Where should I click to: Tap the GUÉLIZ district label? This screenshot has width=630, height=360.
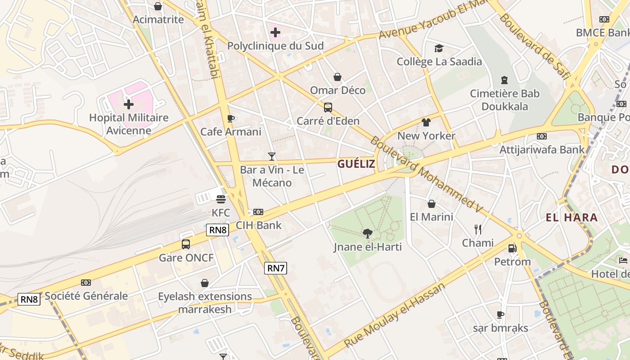tap(356, 164)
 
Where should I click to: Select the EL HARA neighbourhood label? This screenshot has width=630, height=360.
tap(571, 218)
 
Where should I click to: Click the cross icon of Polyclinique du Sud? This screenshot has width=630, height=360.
tap(275, 32)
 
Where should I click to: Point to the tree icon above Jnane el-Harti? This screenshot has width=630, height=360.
tap(368, 233)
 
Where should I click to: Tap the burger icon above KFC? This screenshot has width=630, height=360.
tap(220, 199)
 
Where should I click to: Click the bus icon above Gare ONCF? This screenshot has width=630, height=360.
tap(185, 244)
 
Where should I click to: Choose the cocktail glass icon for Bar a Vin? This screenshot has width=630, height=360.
tap(271, 156)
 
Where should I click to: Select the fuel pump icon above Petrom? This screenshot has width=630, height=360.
tap(512, 248)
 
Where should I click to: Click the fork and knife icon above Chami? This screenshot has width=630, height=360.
tap(477, 229)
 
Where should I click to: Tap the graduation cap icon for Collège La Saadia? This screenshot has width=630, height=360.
tap(439, 48)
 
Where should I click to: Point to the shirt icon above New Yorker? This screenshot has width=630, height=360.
tap(426, 122)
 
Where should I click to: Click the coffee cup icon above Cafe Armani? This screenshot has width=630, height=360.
tap(231, 118)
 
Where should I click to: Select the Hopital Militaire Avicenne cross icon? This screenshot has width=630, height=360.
tap(129, 104)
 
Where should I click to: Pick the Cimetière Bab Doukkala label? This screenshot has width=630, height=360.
tap(504, 100)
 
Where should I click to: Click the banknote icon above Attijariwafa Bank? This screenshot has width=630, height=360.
tap(542, 136)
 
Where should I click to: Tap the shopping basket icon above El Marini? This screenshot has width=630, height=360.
tap(431, 204)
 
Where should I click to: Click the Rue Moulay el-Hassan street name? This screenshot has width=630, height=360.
tap(395, 315)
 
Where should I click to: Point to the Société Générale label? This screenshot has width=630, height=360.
tap(86, 296)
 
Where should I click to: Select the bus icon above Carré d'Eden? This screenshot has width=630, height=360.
tap(328, 108)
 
